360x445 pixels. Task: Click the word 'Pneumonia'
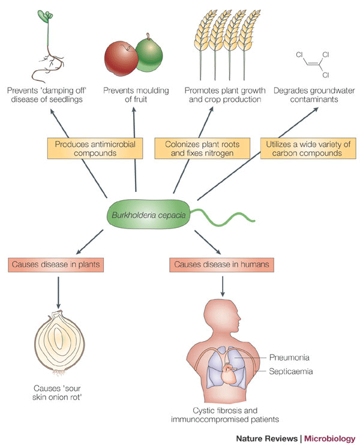290,357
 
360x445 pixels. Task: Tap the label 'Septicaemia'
292,372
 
